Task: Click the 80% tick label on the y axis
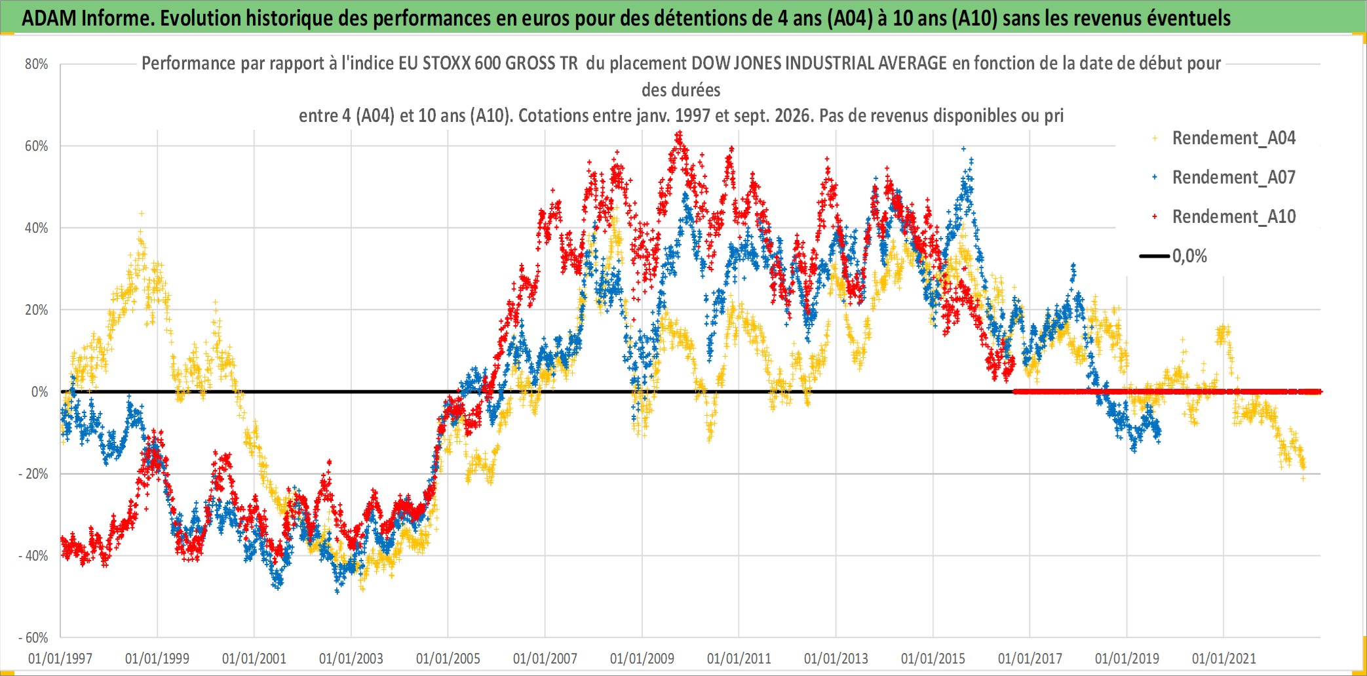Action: coord(37,64)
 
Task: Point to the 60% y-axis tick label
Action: coord(37,146)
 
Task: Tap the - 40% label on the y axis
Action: coord(33,556)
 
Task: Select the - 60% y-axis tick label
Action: coord(33,638)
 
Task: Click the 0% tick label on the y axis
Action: coord(40,392)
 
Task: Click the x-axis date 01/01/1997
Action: coord(60,658)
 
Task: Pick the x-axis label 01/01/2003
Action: coord(351,658)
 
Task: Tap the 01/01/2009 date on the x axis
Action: coord(642,658)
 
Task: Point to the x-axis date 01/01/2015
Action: coord(933,658)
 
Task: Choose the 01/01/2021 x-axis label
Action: coord(1224,658)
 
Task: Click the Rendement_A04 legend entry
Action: coord(1234,138)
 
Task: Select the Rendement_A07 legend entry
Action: coord(1234,178)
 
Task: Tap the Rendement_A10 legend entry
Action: coord(1234,217)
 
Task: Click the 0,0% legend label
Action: coord(1189,256)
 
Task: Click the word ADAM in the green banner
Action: coord(50,18)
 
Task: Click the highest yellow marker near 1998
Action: coord(141,214)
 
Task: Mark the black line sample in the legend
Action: coord(1155,256)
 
